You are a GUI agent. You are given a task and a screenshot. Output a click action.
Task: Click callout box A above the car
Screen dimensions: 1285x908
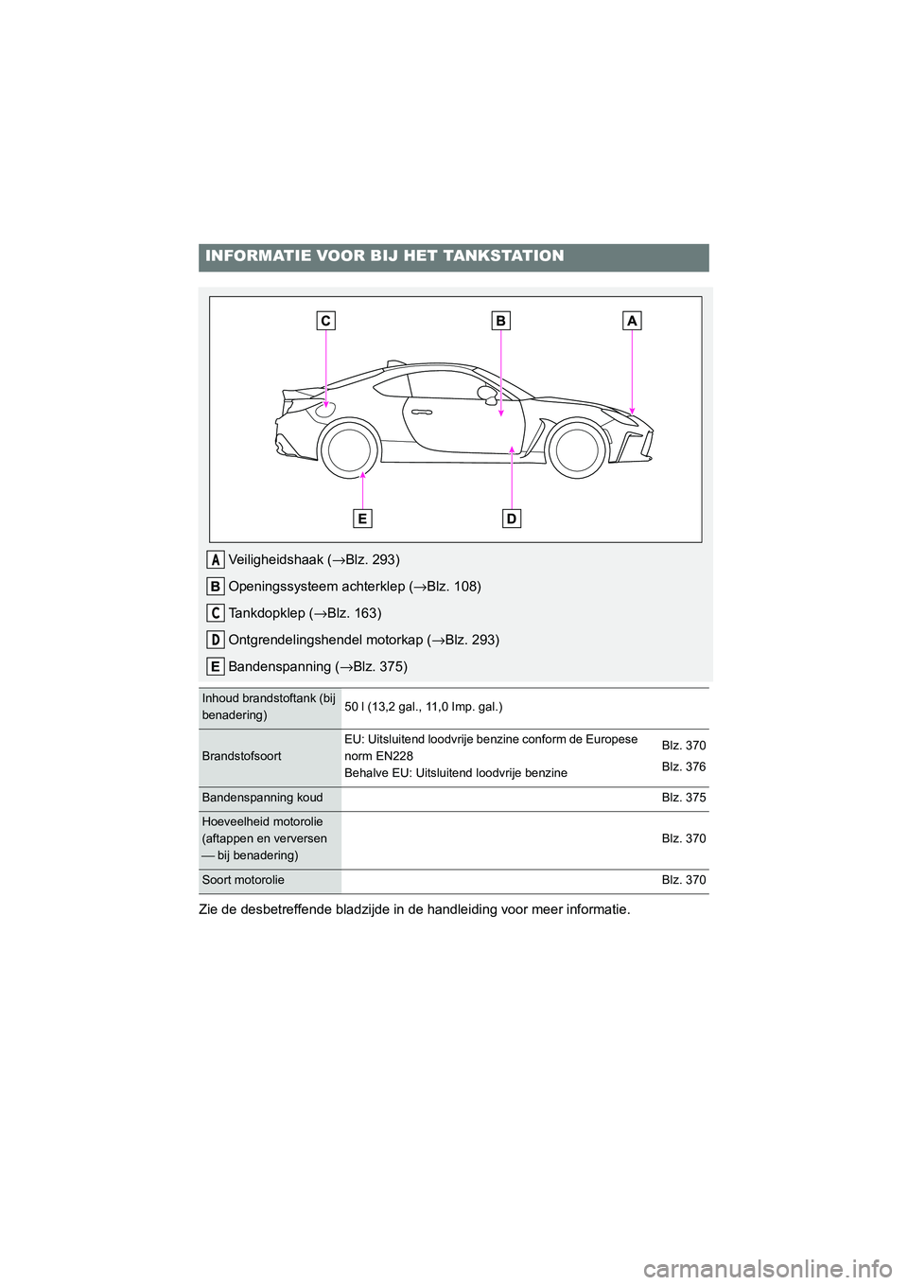tap(632, 321)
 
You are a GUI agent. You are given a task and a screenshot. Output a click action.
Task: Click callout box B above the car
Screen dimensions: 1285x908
tap(500, 321)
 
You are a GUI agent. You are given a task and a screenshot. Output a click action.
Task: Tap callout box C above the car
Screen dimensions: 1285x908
tap(325, 321)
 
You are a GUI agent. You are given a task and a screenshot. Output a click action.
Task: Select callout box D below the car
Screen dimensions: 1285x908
tap(511, 519)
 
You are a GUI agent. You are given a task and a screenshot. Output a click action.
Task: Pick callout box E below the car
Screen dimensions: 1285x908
tap(362, 519)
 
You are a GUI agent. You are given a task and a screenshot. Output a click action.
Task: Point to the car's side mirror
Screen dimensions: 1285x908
tap(488, 394)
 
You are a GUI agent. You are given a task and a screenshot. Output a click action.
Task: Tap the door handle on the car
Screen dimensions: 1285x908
tap(423, 413)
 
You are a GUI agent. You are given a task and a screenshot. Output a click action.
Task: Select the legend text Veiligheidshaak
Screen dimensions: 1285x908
tap(275, 559)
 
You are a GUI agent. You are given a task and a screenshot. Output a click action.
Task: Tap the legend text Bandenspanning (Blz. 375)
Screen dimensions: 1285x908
tap(318, 666)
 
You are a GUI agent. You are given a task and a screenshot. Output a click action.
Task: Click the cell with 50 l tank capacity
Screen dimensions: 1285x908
tap(423, 707)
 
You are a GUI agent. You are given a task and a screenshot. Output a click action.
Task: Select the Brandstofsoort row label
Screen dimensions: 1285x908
tap(241, 757)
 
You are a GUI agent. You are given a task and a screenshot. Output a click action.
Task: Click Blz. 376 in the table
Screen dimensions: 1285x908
tap(683, 766)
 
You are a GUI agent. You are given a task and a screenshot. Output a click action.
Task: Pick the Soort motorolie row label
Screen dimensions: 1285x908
tap(243, 880)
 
